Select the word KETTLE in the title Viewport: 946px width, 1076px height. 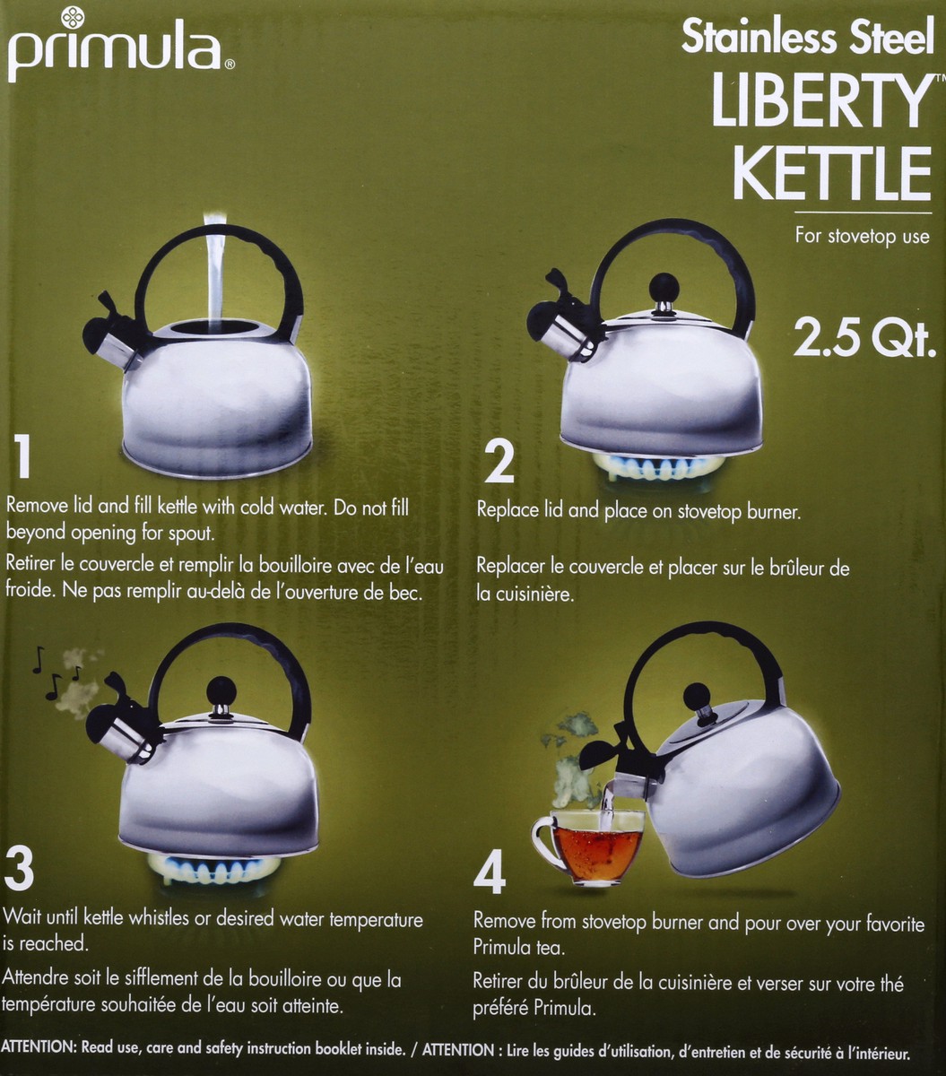point(832,175)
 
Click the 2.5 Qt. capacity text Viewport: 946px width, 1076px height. point(864,341)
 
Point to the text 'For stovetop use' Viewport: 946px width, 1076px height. point(862,237)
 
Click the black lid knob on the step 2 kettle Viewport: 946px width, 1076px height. point(664,289)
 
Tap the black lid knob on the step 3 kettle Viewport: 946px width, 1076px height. point(221,692)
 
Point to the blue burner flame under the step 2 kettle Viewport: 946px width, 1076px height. point(659,466)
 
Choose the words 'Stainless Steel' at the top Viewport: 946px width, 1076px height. point(807,37)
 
